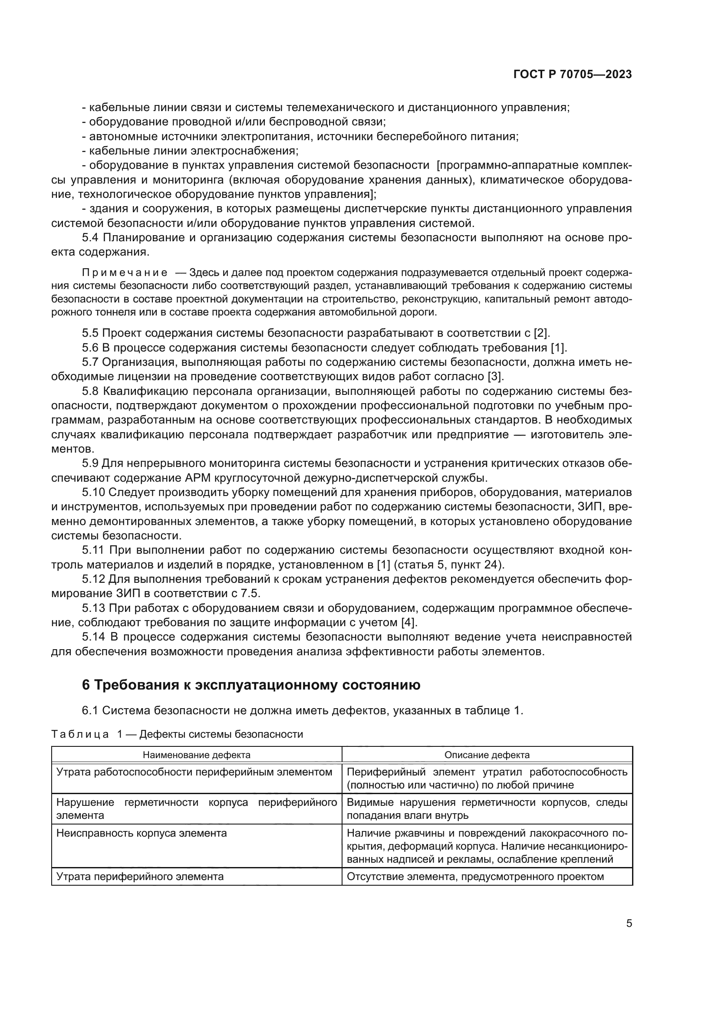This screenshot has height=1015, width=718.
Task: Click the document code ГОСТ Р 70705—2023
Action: point(573,75)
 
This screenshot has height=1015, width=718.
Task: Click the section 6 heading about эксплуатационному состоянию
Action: point(251,685)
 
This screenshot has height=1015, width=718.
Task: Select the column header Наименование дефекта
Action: point(196,755)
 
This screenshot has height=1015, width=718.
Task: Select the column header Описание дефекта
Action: point(487,755)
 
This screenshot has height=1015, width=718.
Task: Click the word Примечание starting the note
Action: point(125,273)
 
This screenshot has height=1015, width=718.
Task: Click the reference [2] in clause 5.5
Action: point(541,333)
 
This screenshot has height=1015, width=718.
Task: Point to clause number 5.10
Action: point(93,493)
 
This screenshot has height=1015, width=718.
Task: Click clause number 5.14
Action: point(93,637)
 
